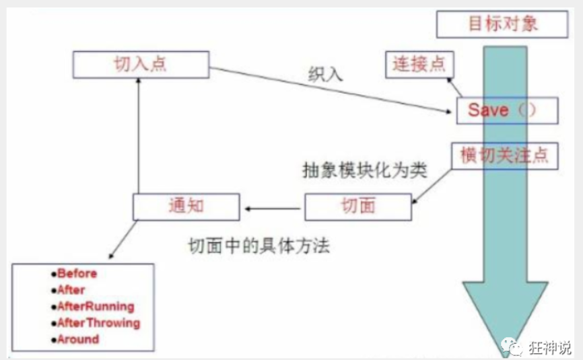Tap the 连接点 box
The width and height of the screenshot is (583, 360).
pos(419,65)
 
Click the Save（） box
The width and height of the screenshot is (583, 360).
pos(507,110)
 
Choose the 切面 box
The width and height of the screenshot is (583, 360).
pos(357,207)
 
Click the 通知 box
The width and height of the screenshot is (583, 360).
pos(185,207)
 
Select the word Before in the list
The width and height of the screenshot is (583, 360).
pos(77,274)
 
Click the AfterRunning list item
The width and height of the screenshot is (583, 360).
pos(95,306)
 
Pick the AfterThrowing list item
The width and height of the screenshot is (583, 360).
pos(98,323)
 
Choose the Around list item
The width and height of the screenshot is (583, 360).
pos(77,339)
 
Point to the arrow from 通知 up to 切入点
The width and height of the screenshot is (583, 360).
pos(138,135)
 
